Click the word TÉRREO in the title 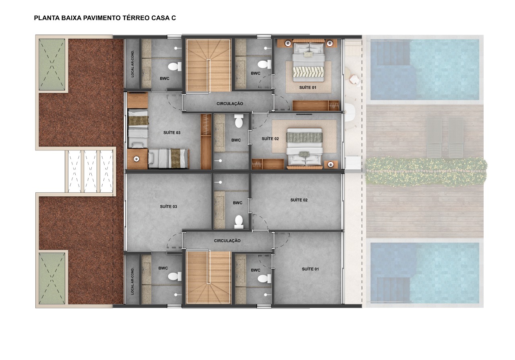(136, 18)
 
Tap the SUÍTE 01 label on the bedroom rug (308, 88)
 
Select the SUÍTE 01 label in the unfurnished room (310, 269)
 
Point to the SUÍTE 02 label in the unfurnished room (299, 200)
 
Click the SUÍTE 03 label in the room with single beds (172, 133)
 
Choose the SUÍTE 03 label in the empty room (169, 207)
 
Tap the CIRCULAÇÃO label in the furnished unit (230, 104)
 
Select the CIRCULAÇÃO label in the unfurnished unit (227, 241)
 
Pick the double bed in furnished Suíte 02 (304, 147)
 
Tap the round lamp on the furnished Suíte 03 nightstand (137, 158)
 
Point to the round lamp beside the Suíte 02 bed (331, 164)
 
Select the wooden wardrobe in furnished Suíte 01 (316, 105)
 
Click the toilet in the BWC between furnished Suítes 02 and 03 (239, 121)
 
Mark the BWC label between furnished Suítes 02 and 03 (236, 140)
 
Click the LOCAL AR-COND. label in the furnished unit (132, 64)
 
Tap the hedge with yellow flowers (426, 171)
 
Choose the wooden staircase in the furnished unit (208, 66)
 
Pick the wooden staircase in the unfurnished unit (208, 278)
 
